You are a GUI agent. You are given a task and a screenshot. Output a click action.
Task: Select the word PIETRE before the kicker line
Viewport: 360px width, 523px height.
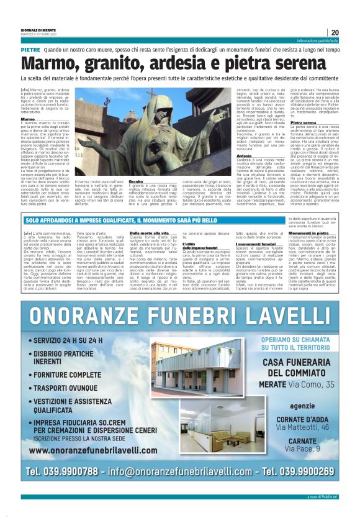(30, 48)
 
